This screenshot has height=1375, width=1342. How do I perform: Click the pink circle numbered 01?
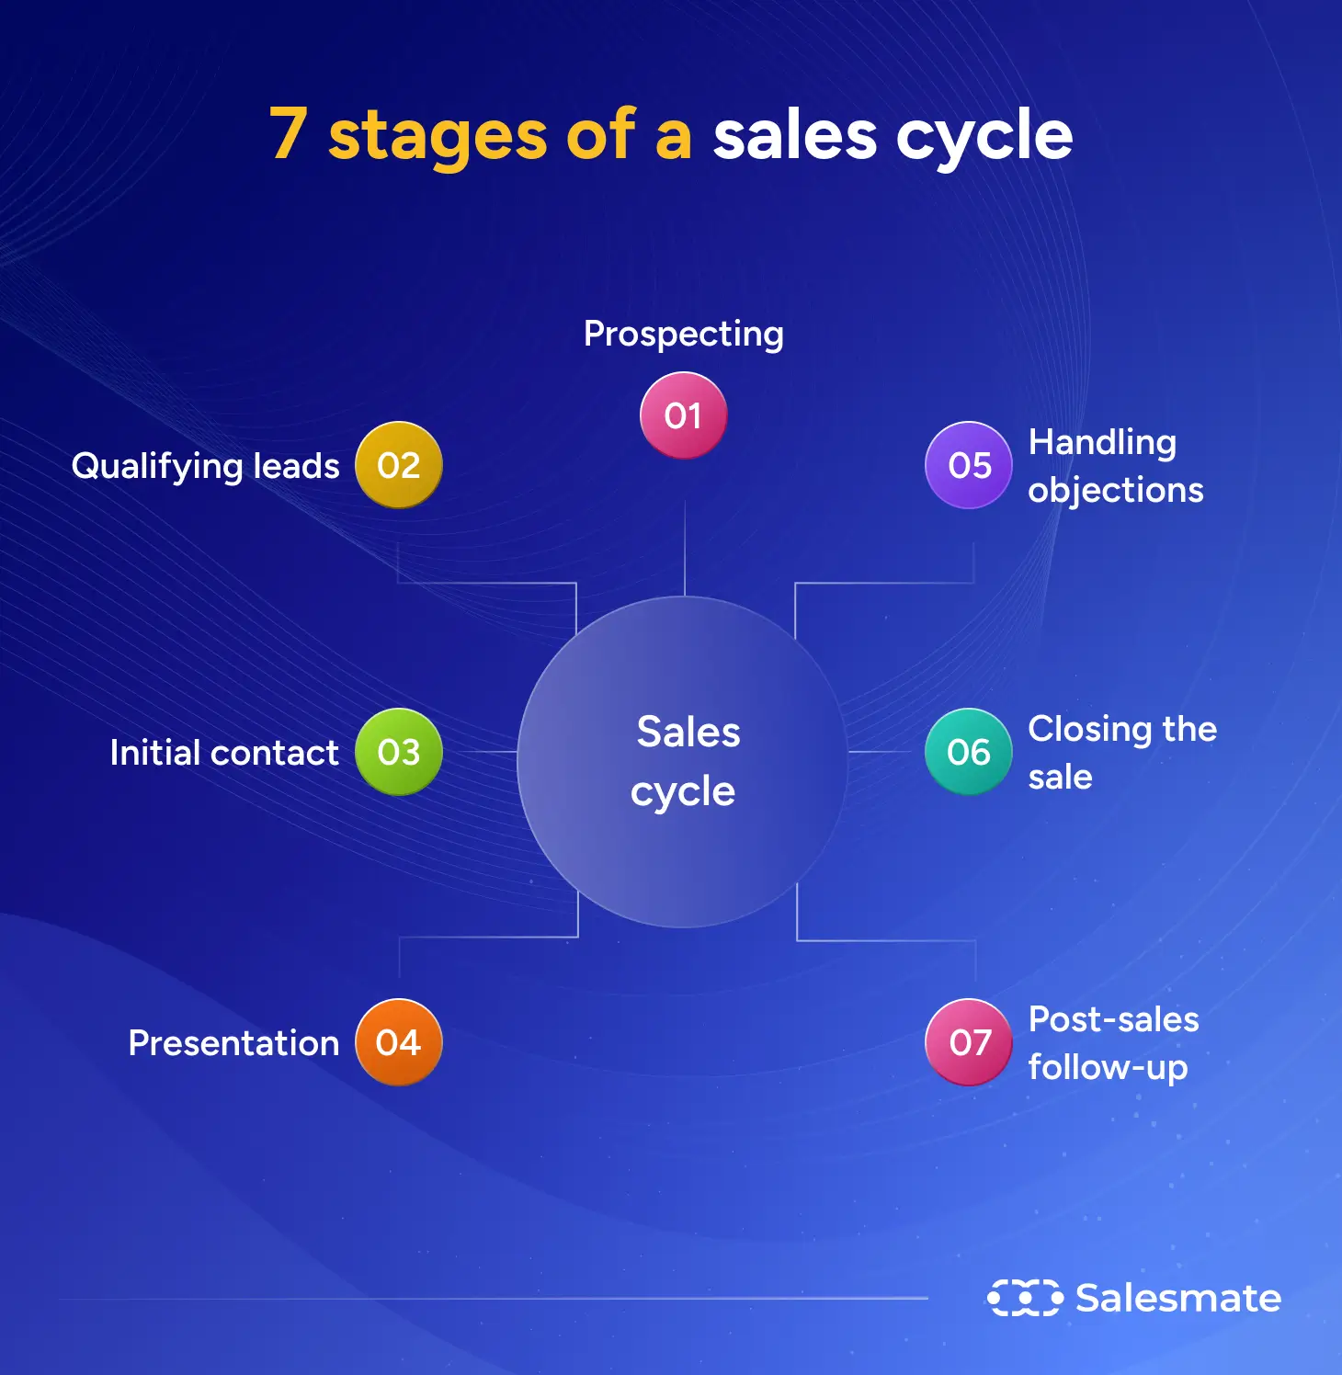point(683,415)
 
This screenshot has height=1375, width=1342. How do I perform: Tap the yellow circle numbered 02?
point(398,465)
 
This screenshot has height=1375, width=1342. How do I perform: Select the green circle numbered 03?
point(398,752)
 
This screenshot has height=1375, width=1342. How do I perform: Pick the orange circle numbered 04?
point(398,1042)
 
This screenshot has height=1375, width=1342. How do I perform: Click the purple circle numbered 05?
point(969,465)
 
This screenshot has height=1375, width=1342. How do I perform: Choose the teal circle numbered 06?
point(969,752)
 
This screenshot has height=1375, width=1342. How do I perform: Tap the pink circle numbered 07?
point(969,1042)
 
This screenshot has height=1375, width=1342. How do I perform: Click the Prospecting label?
point(683,335)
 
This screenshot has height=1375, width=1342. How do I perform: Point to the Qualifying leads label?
point(205,466)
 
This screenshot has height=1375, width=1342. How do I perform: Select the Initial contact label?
point(223,753)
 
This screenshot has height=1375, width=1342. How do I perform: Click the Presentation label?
point(233,1043)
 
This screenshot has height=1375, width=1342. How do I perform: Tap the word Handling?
point(1101,443)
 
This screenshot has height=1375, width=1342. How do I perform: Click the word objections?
point(1115,491)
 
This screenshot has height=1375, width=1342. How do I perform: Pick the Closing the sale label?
point(1121,752)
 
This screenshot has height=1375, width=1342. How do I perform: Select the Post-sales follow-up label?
point(1112,1043)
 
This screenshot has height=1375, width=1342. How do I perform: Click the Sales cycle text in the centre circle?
point(685,762)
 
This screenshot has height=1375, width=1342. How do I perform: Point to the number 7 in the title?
point(288,135)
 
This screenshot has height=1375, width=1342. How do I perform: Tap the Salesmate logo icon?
point(1024,1298)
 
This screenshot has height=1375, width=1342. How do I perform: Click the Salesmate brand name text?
point(1177,1298)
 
